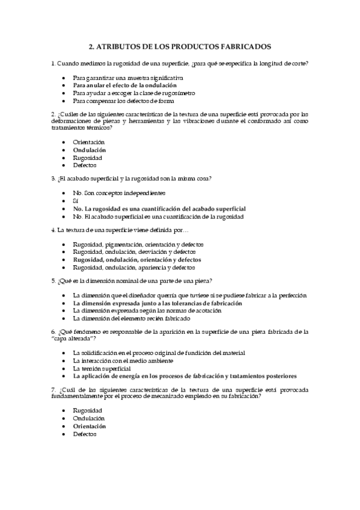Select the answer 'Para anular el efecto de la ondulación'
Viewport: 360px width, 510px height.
pyautogui.click(x=120, y=85)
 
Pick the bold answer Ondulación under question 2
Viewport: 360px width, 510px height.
pyautogui.click(x=89, y=149)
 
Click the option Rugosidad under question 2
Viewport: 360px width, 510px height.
pyautogui.click(x=88, y=157)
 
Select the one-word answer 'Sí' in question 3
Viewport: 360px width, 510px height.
pyautogui.click(x=76, y=200)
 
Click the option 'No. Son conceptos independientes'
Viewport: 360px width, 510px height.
pyautogui.click(x=118, y=192)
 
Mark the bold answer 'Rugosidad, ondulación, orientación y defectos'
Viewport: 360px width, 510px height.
pyautogui.click(x=137, y=260)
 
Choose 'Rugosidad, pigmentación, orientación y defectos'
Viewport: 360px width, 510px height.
pyautogui.click(x=138, y=244)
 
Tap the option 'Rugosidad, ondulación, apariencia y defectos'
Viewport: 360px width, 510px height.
pyautogui.click(x=137, y=268)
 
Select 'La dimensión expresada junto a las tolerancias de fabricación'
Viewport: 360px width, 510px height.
pyautogui.click(x=157, y=303)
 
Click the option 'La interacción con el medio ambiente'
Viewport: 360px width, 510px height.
pyautogui.click(x=123, y=360)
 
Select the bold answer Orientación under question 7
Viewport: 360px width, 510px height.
pyautogui.click(x=89, y=426)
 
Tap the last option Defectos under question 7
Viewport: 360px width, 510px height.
pyautogui.click(x=85, y=434)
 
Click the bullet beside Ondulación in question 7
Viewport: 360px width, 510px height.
pyautogui.click(x=64, y=419)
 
